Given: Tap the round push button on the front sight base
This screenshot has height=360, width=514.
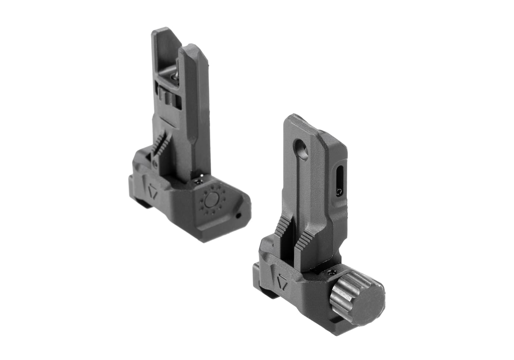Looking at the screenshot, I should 211,200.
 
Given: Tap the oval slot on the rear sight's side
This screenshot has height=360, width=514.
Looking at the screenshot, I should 339,180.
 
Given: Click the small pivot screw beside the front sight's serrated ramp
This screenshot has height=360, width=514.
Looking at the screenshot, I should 155,163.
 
